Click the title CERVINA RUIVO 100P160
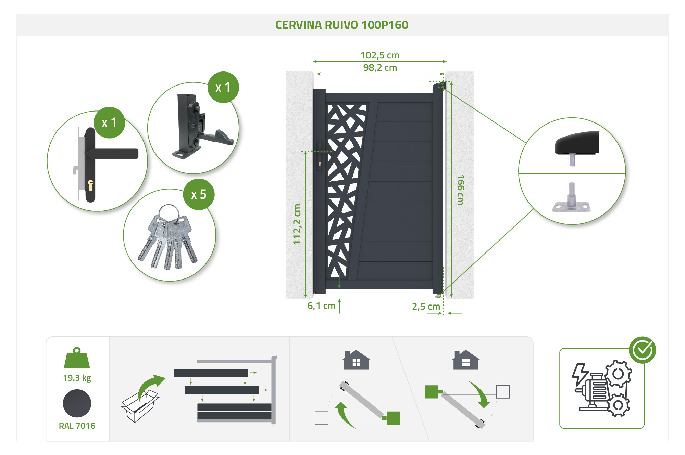tap(342, 25)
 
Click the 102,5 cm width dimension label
tap(380, 55)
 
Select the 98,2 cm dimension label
tap(380, 67)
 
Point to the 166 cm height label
tap(460, 190)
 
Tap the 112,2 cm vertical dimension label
tap(297, 224)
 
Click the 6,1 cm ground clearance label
tap(321, 305)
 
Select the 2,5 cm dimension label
tap(426, 306)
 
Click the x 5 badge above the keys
tap(199, 194)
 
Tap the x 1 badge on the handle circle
tap(109, 122)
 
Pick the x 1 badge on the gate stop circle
tap(223, 87)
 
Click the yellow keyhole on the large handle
tap(90, 185)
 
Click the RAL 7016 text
tap(77, 426)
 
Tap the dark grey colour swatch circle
tap(77, 403)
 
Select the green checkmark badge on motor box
tap(642, 350)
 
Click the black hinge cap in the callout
tap(577, 143)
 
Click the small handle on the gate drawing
tap(320, 157)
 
